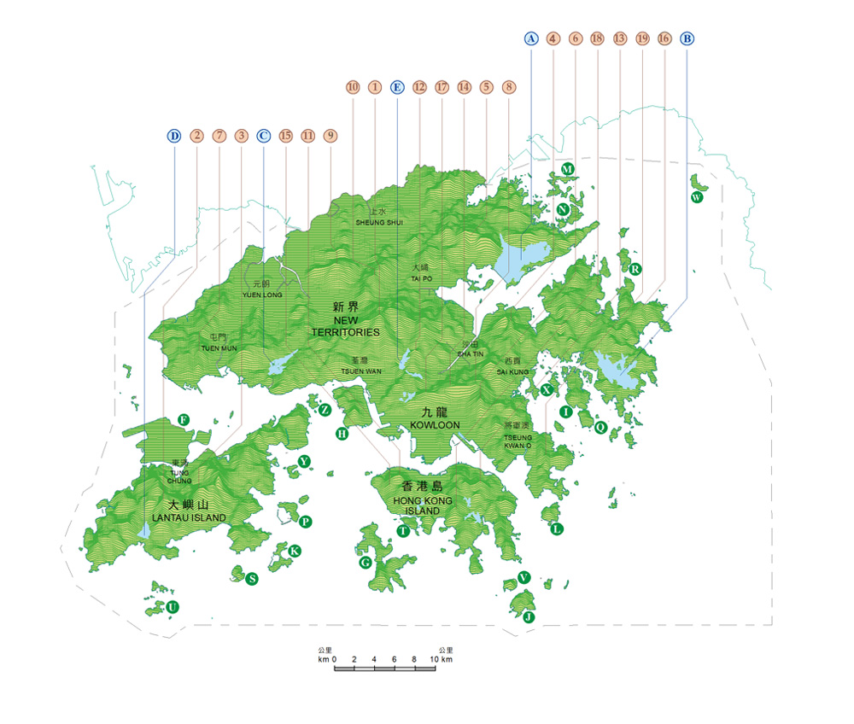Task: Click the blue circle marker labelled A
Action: click(531, 38)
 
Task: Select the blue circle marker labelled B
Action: click(687, 38)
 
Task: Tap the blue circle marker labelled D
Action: click(174, 135)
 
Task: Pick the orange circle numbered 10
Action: click(353, 86)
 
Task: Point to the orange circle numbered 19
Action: click(642, 38)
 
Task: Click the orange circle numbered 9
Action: click(330, 135)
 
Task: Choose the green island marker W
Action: click(697, 197)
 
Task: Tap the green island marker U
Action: click(173, 607)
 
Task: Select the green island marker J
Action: click(529, 616)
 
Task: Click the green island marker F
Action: click(183, 418)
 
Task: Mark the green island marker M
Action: click(566, 169)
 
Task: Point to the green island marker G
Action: click(365, 563)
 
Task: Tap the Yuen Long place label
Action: click(255, 289)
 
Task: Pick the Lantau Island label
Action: click(189, 511)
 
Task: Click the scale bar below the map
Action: click(384, 667)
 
